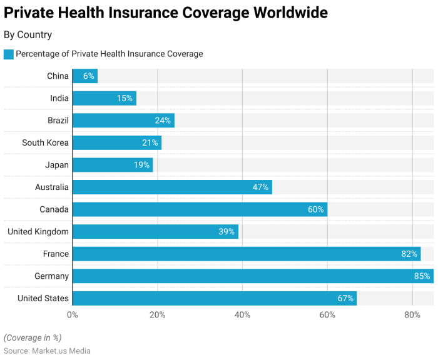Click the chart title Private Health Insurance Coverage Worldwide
click(166, 12)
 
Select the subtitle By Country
click(28, 35)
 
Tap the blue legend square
click(9, 54)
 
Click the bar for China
click(85, 76)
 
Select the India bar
click(104, 98)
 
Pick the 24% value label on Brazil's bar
click(163, 121)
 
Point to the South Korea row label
click(45, 142)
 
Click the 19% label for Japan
click(141, 165)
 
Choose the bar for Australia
click(172, 187)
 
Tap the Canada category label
click(54, 209)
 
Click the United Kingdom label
click(38, 232)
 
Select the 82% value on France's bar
click(410, 254)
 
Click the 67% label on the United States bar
click(346, 298)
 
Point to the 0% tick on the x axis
click(73, 315)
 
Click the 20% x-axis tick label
click(157, 315)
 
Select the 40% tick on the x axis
click(242, 315)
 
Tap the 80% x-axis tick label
click(412, 315)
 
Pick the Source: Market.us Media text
click(47, 351)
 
